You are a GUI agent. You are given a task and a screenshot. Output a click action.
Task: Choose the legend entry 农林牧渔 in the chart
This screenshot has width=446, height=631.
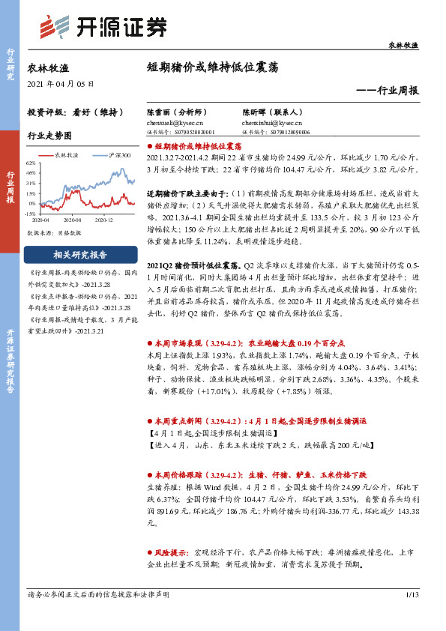click(x=67, y=154)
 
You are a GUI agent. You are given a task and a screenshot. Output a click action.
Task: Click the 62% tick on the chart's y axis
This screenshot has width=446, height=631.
click(x=31, y=163)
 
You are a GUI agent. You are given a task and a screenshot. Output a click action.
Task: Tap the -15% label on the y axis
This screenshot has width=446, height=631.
click(x=31, y=213)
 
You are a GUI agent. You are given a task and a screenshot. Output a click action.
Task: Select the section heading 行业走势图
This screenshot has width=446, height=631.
click(x=49, y=136)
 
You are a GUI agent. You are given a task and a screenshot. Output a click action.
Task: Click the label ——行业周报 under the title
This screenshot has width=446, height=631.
click(x=388, y=90)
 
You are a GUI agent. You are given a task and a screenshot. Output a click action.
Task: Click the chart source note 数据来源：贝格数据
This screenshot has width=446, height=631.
click(x=55, y=233)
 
